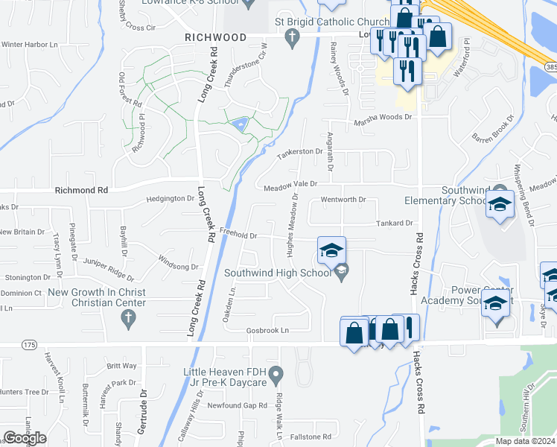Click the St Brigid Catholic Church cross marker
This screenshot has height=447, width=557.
(293, 37)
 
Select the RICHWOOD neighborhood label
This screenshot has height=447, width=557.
(216, 37)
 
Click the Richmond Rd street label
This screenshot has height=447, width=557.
(81, 191)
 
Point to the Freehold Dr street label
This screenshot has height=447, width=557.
(239, 235)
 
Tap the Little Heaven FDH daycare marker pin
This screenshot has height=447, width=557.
(276, 372)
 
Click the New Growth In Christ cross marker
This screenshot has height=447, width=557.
(127, 318)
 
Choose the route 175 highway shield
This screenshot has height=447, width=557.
(29, 345)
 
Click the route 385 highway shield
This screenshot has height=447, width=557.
(550, 67)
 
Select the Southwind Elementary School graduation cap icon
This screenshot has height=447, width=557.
(500, 203)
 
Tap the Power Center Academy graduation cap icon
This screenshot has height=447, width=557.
(495, 304)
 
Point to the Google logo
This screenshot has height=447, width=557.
(25, 438)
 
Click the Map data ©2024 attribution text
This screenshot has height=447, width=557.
(525, 441)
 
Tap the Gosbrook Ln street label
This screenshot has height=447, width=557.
(268, 330)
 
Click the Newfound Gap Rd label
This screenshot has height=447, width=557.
(237, 406)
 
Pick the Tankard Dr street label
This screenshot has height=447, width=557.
(394, 223)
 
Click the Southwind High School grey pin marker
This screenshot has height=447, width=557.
(341, 273)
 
